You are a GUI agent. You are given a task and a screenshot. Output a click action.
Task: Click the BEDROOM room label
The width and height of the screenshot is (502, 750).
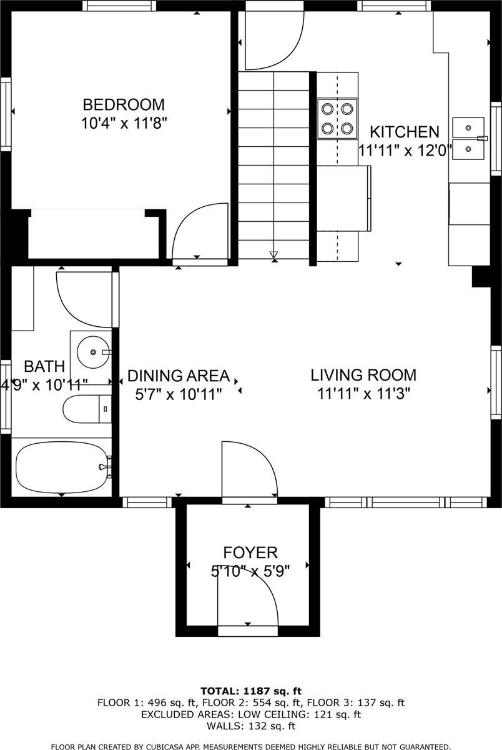point(124,104)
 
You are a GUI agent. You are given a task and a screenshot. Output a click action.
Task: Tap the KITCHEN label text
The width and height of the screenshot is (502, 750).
point(405,132)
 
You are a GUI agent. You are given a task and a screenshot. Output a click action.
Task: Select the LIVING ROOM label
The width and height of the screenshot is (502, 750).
point(363,375)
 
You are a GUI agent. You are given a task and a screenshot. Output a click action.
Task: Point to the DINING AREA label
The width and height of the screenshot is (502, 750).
point(179,376)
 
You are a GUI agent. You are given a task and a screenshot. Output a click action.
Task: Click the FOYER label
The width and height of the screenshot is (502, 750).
point(250,552)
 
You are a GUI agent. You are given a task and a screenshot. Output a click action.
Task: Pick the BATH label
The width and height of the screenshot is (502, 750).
point(44,366)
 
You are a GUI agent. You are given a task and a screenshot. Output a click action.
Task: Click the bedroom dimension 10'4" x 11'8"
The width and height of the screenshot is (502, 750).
point(124,123)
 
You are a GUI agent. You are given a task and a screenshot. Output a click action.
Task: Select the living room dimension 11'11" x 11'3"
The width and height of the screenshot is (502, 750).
point(363,393)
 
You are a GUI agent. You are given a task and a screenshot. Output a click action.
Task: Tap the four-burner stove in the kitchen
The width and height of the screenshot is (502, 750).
point(337,119)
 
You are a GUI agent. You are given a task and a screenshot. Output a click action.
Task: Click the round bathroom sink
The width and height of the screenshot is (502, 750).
point(93,352)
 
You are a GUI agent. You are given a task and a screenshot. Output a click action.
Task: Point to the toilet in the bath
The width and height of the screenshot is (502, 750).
point(87,409)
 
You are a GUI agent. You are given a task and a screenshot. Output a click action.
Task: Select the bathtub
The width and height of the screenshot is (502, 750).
point(62,467)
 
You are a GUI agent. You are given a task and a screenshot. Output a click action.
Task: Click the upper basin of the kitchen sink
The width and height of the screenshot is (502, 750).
point(468,127)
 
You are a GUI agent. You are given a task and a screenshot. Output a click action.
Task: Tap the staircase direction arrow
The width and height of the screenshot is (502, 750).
point(274,254)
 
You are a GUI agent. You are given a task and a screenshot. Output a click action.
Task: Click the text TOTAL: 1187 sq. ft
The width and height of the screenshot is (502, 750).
point(251,691)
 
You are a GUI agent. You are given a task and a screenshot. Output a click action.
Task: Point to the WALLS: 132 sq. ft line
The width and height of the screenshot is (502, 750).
point(251,726)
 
